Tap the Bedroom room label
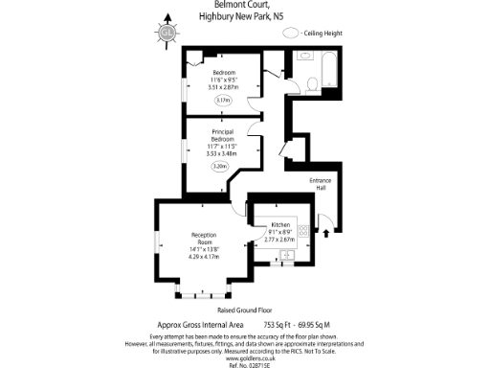224,74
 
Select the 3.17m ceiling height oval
224,99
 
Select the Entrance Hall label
320,185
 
